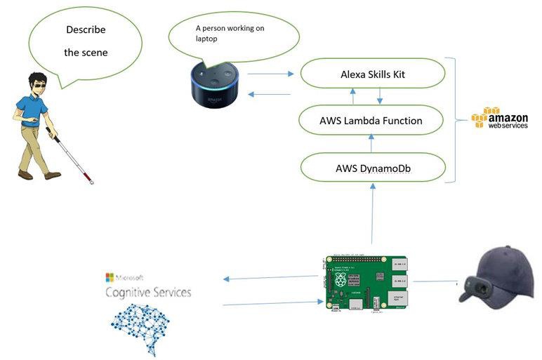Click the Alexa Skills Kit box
point(372,73)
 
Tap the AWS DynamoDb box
point(372,168)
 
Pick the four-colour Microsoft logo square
point(110,277)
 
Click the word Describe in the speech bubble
point(86,29)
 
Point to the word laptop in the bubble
point(207,39)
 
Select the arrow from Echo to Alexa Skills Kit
point(270,72)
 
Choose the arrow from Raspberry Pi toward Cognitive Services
point(270,278)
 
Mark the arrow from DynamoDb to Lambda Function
point(371,144)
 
